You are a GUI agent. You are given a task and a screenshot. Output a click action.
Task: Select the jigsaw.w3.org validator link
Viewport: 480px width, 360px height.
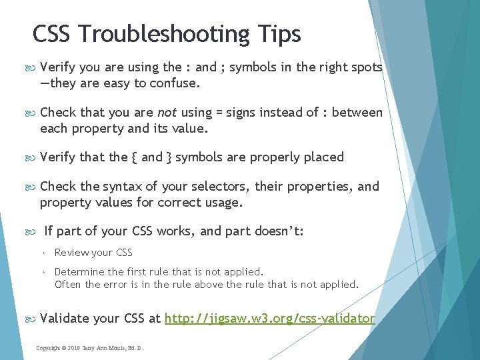pyautogui.click(x=269, y=319)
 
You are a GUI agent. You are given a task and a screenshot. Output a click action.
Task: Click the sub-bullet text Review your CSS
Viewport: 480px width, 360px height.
pyautogui.click(x=93, y=253)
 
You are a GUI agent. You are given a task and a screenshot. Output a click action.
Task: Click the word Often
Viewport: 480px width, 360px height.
pyautogui.click(x=67, y=285)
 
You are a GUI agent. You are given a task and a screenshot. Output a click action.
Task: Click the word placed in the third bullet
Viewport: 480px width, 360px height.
pyautogui.click(x=324, y=157)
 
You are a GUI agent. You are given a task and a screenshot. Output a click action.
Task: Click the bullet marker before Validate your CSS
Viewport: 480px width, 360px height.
pyautogui.click(x=30, y=319)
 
